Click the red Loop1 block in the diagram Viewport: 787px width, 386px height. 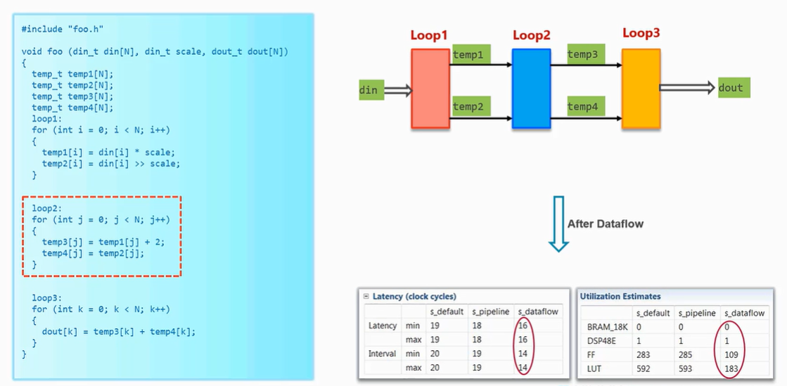tap(430, 88)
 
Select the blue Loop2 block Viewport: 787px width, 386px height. tap(531, 88)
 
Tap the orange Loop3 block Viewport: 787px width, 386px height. tap(641, 88)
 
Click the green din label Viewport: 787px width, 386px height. tap(369, 90)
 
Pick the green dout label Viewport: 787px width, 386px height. tap(731, 87)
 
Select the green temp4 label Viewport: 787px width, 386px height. tap(582, 106)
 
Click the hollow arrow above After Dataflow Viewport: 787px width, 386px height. tap(558, 224)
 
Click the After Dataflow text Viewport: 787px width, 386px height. tap(605, 224)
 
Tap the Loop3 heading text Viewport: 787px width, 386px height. tap(641, 33)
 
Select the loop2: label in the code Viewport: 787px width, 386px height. tap(47, 209)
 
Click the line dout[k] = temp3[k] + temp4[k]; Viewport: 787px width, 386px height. tap(118, 332)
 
